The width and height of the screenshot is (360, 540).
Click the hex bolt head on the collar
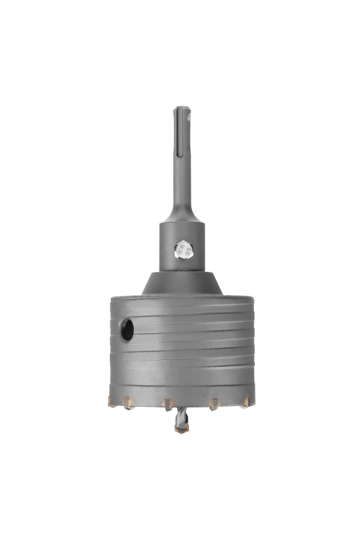183,250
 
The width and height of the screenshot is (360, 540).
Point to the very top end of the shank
182,108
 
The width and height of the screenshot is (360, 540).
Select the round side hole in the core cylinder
127,330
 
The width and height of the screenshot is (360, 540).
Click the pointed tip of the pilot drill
182,431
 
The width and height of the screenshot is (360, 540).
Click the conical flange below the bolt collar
182,283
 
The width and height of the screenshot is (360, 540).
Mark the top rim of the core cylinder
182,297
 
